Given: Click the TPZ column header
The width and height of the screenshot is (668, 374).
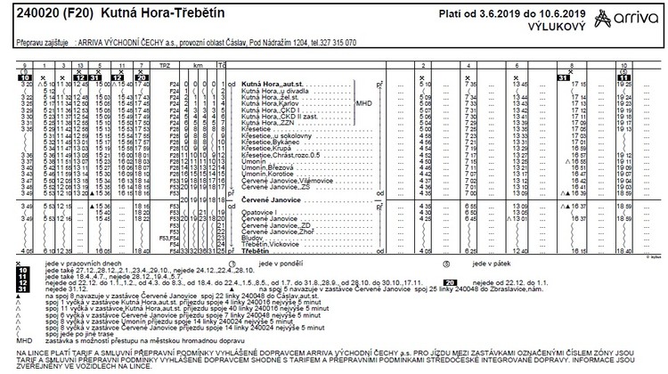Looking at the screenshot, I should coord(164,66).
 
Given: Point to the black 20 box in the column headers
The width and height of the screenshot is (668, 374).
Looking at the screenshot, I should coord(141,77).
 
